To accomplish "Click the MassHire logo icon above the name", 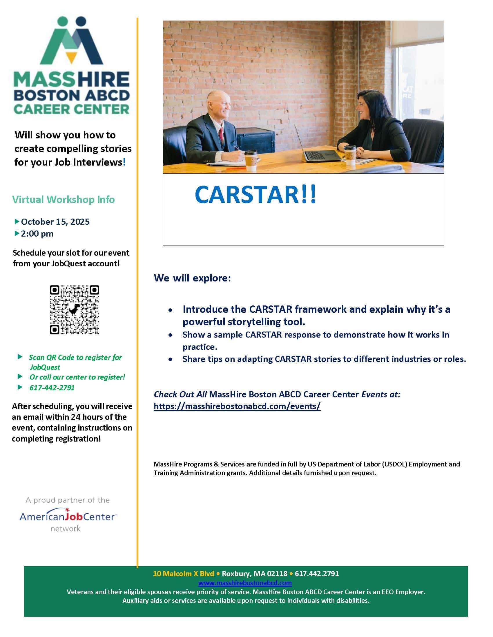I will coord(72,41).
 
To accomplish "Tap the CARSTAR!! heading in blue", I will coord(255,195).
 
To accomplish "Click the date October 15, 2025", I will coord(55,222).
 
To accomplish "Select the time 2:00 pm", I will coord(37,234).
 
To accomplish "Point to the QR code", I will coord(75,310).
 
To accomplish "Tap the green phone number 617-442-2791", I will coord(52,388).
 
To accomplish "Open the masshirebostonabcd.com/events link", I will coord(237,406).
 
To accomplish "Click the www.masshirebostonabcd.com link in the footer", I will coord(245,583).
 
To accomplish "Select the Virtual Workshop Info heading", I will coord(64,199).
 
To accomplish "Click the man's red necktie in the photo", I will coord(222,134).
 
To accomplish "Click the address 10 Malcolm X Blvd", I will coord(183,574).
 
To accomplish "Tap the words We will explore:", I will coord(192,278).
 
